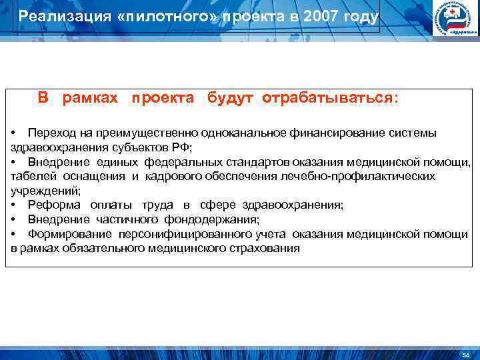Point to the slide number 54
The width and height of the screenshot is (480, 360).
(465, 354)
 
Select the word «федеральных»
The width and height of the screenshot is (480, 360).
(161, 162)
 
